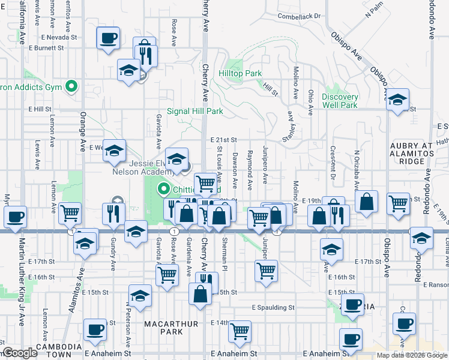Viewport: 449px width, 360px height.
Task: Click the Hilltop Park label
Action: [x=240, y=73]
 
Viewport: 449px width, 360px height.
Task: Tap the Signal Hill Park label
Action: [x=194, y=111]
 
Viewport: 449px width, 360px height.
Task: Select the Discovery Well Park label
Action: [x=339, y=101]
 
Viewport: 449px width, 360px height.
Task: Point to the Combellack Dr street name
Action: [x=300, y=16]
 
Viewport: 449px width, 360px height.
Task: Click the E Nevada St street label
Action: [x=58, y=37]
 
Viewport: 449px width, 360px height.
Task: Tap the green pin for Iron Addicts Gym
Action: [x=72, y=87]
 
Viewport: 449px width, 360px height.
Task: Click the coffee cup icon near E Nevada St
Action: [x=109, y=38]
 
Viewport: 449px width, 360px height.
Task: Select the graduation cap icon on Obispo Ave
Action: [x=397, y=100]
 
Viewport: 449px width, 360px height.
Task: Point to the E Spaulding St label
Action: [x=273, y=307]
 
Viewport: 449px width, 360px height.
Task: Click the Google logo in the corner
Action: [x=20, y=353]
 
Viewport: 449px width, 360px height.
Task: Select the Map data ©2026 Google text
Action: [x=412, y=355]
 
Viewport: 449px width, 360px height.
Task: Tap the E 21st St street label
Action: [x=224, y=140]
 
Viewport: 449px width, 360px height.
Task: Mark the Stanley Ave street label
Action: [x=292, y=123]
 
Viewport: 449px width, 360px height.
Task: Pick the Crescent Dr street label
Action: [x=331, y=161]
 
